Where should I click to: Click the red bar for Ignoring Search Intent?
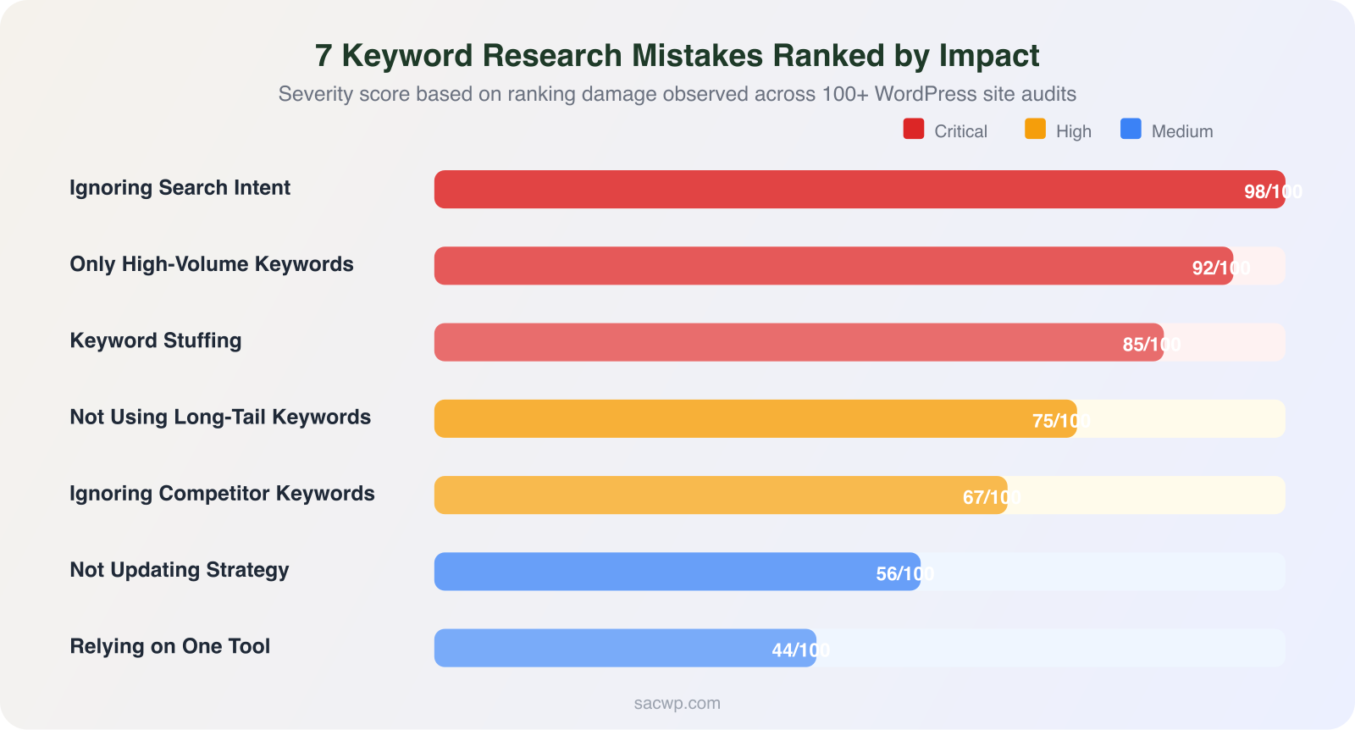tap(847, 189)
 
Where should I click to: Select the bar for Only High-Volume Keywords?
tap(830, 266)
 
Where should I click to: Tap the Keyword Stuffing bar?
tap(796, 342)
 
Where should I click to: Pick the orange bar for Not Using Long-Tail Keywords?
tap(754, 418)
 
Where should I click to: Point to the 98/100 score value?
tap(1272, 192)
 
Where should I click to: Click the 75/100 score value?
tap(1060, 421)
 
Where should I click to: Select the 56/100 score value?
tap(904, 574)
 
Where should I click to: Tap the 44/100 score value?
tap(800, 650)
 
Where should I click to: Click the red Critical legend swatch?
tap(914, 129)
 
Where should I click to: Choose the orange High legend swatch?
tap(1035, 129)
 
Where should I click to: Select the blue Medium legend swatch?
tap(1131, 129)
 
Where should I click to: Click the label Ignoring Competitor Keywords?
tap(222, 494)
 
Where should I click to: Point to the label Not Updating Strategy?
tap(180, 570)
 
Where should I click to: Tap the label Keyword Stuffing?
tap(156, 340)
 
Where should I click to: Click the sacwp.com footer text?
tap(677, 703)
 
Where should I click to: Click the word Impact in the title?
tap(988, 56)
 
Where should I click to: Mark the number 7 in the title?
tap(324, 56)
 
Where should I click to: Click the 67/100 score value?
tap(991, 497)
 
